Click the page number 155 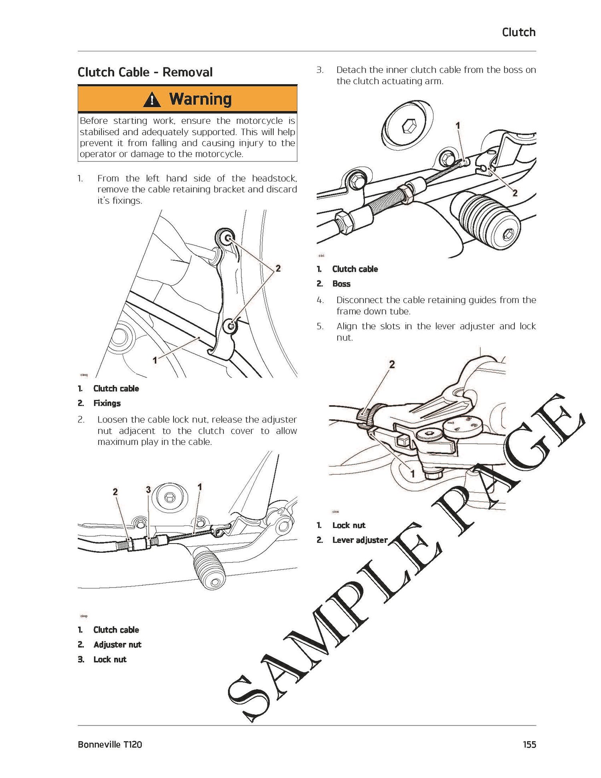pos(529,744)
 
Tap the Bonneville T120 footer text pos(110,744)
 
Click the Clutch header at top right pos(518,32)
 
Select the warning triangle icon pos(152,99)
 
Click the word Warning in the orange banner pos(200,99)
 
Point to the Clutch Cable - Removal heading pos(145,72)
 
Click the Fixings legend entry pos(107,403)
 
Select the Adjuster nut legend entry pos(117,645)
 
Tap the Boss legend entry pos(341,284)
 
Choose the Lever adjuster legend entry pos(360,540)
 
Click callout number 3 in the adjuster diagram pos(148,489)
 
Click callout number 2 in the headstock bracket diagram pos(278,268)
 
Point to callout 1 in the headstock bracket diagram pos(155,360)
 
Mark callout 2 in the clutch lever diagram pos(392,364)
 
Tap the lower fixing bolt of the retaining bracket pos(231,326)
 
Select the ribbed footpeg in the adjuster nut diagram pos(210,569)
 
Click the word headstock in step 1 pos(274,178)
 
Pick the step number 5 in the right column pos(320,326)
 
